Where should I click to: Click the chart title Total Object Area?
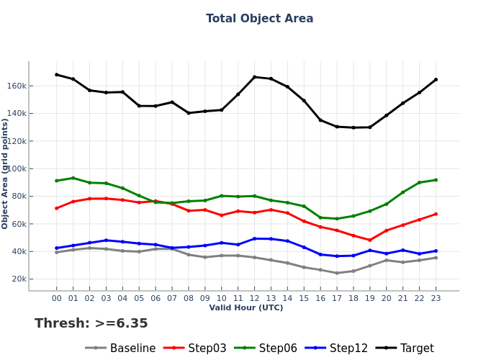259,19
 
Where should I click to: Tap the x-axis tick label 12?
254,297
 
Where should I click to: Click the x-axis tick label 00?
57,297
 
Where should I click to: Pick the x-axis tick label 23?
436,297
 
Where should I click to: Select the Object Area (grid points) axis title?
6,174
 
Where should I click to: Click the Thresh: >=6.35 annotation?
91,324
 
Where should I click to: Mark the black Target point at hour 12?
254,77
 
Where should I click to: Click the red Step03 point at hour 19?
370,240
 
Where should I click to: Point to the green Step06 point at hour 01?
73,178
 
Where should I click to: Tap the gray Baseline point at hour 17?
337,273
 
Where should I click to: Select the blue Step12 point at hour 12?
254,238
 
